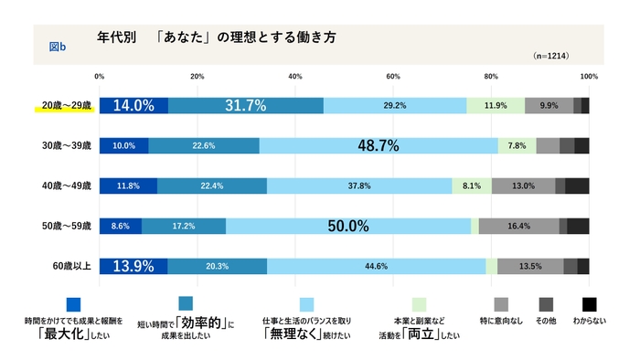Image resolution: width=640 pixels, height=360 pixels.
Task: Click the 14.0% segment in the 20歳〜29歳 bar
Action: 133,105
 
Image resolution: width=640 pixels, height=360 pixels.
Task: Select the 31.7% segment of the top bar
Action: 246,105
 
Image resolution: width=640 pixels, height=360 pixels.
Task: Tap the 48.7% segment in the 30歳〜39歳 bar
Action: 379,145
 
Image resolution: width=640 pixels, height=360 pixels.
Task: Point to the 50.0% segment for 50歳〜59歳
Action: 348,226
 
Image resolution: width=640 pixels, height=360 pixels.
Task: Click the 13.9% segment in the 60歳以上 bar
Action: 133,266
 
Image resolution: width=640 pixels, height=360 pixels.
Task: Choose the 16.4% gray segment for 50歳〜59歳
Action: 518,226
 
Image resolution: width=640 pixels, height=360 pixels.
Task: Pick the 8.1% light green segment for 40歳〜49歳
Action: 472,185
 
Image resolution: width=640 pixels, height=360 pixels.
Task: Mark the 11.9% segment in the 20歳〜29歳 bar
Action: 496,105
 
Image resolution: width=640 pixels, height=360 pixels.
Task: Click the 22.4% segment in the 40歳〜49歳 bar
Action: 212,185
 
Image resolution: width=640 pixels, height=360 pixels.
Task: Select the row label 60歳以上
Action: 70,266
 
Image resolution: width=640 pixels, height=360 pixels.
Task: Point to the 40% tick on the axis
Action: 295,76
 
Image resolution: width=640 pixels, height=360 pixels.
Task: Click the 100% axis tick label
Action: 588,76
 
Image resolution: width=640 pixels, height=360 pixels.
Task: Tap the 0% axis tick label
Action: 99,76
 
